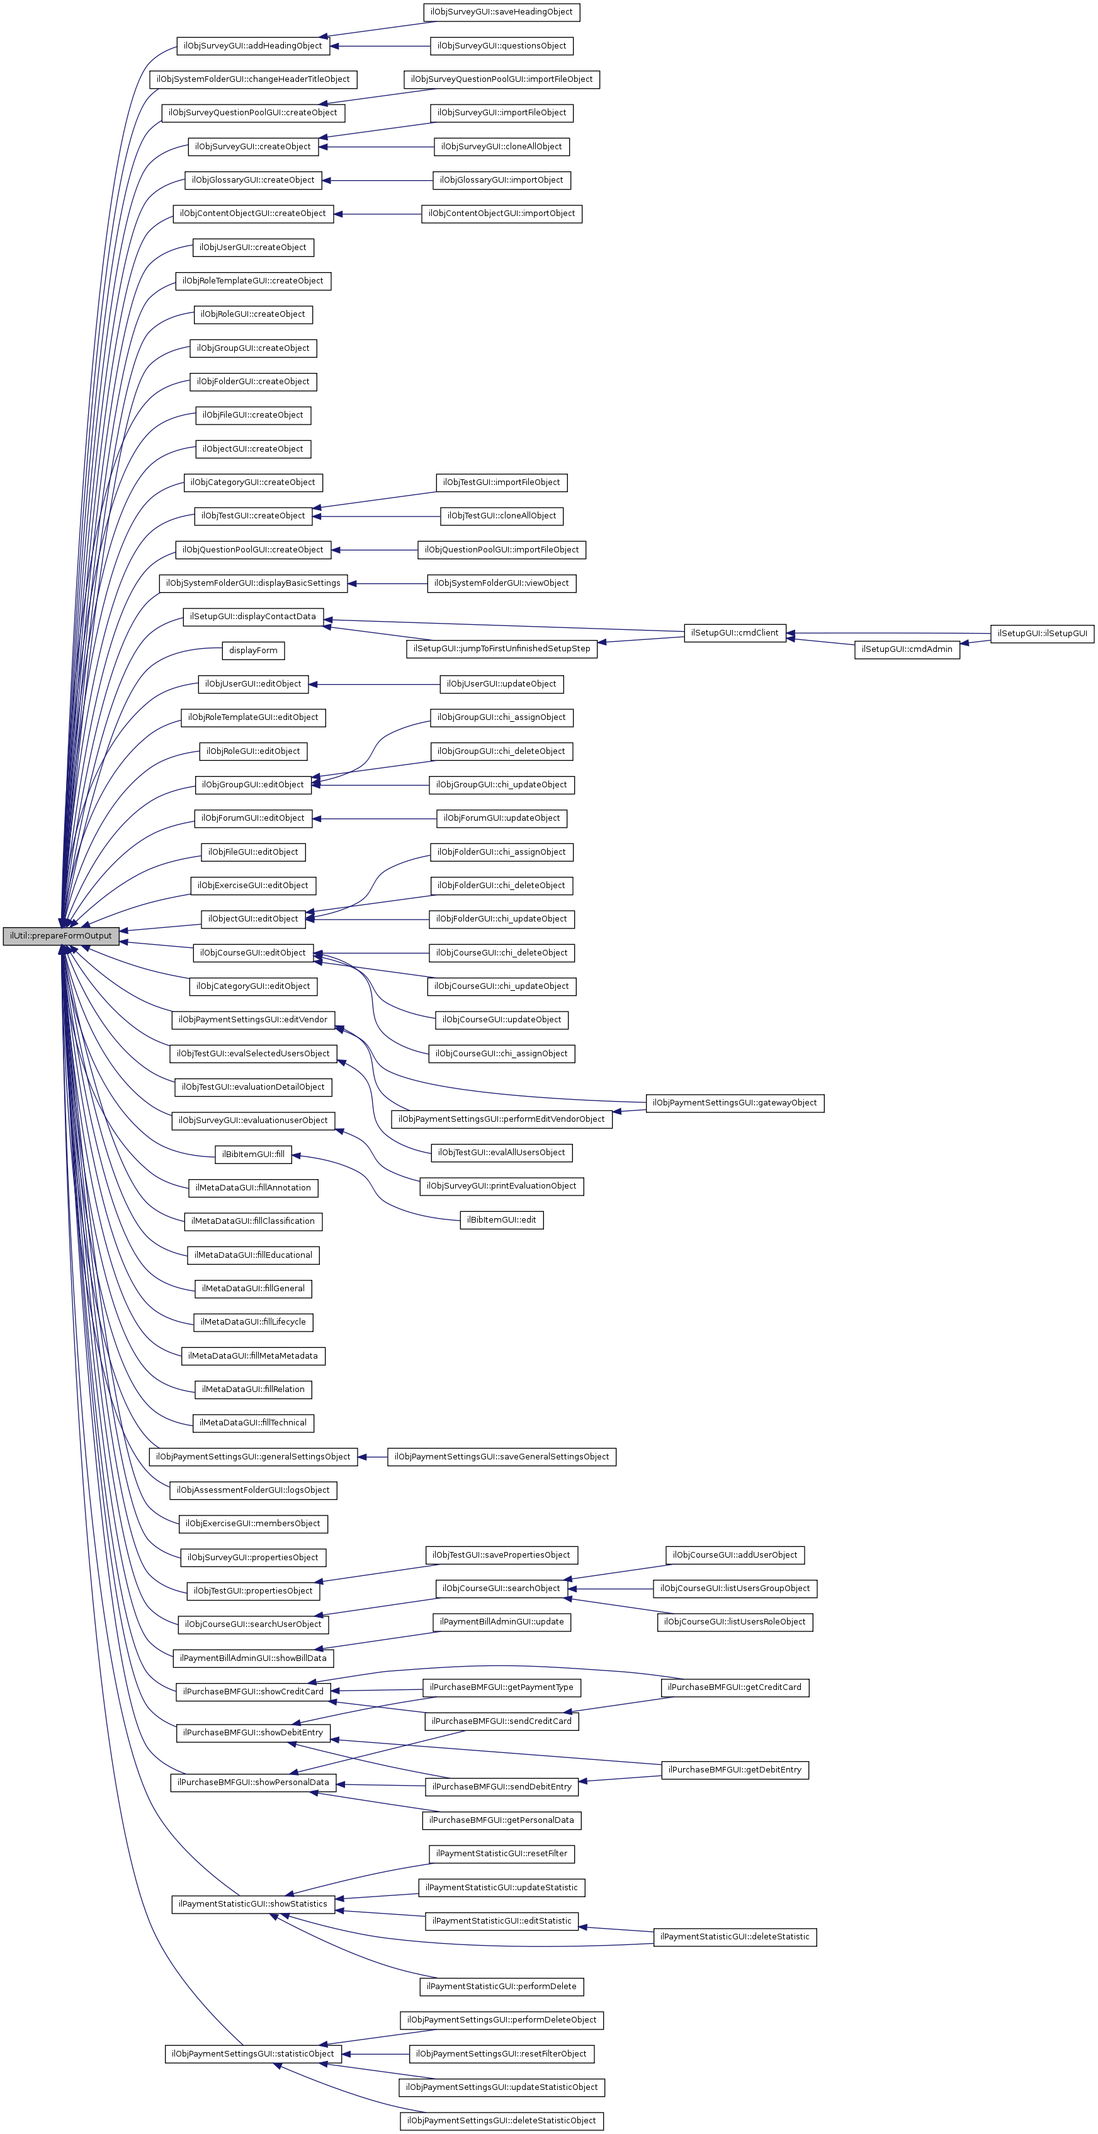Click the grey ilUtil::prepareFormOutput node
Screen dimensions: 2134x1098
(x=60, y=936)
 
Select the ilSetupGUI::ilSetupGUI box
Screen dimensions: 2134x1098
(x=1042, y=634)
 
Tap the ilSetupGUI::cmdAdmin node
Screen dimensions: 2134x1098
(x=907, y=649)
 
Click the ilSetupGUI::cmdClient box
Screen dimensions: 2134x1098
(x=735, y=633)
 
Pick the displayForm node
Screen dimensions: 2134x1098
(x=253, y=650)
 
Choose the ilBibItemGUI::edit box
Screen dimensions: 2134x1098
(x=501, y=1219)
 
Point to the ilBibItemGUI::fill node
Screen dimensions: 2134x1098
(x=253, y=1154)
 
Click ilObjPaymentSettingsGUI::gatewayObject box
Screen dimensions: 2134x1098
(x=735, y=1103)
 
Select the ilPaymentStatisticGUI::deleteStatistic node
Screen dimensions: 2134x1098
(x=735, y=1937)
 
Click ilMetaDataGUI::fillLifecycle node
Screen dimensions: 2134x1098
(x=253, y=1322)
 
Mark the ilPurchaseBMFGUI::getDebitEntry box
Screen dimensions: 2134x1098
(x=735, y=1769)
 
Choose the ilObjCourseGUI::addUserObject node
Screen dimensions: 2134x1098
(x=735, y=1555)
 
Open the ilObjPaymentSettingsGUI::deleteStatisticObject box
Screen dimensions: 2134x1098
(x=501, y=2121)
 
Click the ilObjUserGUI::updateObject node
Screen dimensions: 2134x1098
(x=501, y=684)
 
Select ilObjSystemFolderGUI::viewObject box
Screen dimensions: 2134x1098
(x=501, y=583)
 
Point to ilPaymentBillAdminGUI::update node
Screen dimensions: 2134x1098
(x=501, y=1621)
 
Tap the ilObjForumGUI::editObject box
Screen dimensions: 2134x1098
(x=253, y=818)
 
